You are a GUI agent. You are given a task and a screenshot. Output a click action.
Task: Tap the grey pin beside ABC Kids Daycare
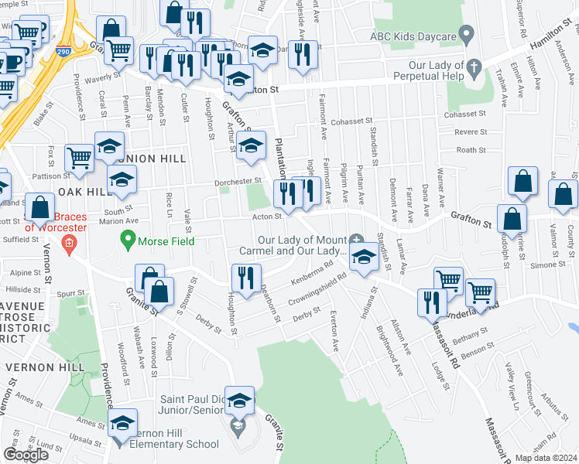465,34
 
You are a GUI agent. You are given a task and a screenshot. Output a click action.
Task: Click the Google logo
26,454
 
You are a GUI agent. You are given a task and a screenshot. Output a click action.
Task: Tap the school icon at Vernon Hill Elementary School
122,424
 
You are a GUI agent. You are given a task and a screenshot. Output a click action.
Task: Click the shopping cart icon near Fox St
80,158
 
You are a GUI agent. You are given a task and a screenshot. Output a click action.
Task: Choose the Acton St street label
266,217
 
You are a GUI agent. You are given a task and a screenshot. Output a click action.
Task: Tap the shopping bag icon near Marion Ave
39,208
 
